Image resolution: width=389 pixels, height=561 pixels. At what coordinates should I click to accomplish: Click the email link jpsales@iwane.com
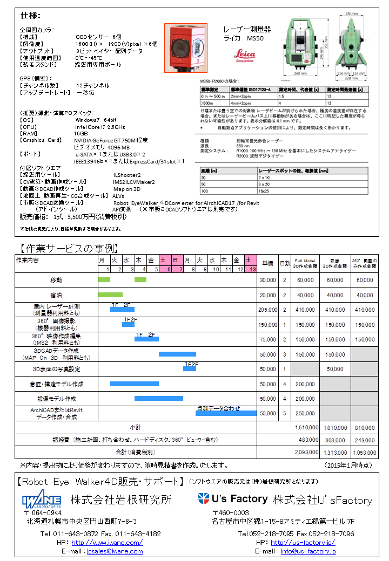click(115, 551)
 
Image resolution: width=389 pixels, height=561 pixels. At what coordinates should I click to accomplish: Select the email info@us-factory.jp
click(308, 551)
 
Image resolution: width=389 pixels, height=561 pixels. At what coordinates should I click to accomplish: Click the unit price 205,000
click(268, 310)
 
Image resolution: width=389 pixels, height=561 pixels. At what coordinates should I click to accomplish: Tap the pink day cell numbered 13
click(251, 269)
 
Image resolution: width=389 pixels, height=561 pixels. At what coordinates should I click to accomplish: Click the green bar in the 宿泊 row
click(110, 295)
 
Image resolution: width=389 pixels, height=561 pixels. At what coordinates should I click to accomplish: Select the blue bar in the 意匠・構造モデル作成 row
click(134, 384)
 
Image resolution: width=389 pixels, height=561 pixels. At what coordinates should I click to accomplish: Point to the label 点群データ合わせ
click(218, 409)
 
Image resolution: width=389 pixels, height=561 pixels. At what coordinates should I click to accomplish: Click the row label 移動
click(56, 280)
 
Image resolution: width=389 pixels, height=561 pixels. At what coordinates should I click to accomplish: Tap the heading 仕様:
click(31, 15)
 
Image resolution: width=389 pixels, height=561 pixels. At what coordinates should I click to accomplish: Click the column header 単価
click(267, 263)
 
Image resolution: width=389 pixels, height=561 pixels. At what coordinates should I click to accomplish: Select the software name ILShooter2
click(127, 175)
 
